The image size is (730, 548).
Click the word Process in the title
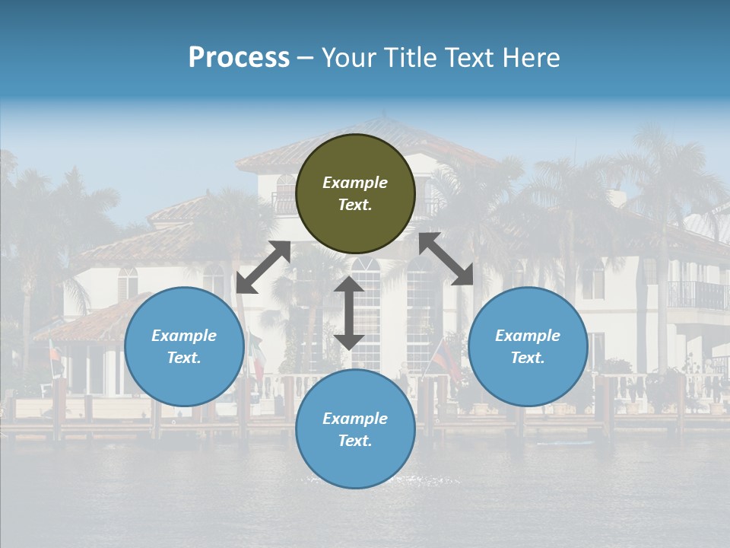[x=239, y=58]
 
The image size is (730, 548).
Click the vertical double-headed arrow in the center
[x=349, y=313]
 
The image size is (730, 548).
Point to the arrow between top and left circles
[x=263, y=266]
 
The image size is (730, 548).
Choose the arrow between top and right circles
[x=446, y=259]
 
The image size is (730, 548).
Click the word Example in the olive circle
[x=355, y=183]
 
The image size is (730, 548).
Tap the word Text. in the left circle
[x=184, y=358]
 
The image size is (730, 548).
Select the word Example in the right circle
[x=528, y=336]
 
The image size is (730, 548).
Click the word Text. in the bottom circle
[x=355, y=441]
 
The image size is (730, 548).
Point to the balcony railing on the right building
[x=696, y=295]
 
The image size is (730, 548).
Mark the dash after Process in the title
[x=305, y=58]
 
